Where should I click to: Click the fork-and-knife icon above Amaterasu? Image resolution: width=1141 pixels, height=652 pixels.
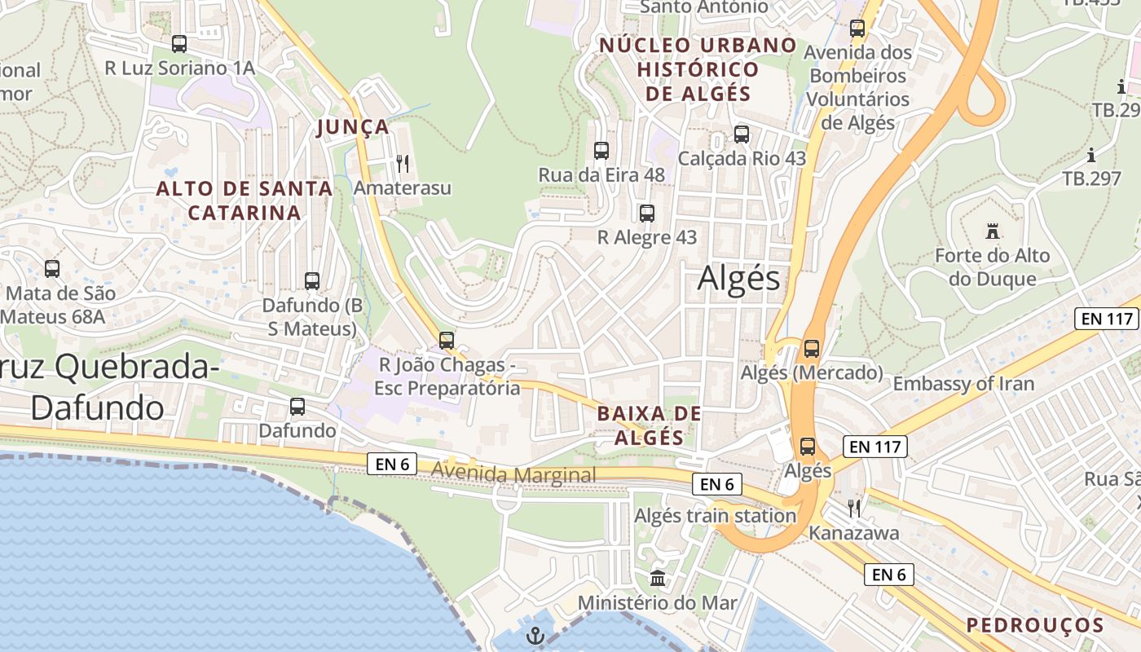point(403,164)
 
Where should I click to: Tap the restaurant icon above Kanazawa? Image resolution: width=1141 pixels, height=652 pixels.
point(854,509)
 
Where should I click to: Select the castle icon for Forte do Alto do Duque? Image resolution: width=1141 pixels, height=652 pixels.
point(992,231)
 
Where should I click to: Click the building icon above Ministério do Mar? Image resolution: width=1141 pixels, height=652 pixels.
point(658,579)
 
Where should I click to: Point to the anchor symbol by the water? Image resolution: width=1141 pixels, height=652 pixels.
point(535,636)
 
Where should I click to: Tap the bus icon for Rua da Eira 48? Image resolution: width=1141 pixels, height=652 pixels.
point(601,151)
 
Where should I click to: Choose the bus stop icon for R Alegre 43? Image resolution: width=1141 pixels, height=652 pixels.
point(647,214)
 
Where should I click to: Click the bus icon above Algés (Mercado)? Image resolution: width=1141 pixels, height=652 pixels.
point(812,349)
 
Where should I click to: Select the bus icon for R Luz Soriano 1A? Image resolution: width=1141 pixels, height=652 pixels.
point(179,44)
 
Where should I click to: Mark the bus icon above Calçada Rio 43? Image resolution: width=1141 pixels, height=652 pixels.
point(742,134)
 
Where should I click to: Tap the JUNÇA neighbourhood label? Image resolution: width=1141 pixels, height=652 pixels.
point(353,127)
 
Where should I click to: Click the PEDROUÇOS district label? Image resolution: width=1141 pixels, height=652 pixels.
point(1035,625)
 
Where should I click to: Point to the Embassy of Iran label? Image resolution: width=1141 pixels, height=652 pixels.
point(963,384)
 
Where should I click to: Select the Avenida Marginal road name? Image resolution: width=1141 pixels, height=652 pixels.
point(514,474)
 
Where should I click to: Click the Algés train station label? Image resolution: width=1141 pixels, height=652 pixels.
point(715,516)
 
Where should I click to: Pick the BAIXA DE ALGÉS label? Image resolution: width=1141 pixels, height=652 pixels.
point(649,425)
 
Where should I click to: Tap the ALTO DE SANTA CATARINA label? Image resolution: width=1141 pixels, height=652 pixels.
point(244,200)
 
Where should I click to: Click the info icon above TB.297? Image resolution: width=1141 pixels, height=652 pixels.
point(1091,155)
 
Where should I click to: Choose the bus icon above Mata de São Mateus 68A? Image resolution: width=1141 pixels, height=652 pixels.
point(52,269)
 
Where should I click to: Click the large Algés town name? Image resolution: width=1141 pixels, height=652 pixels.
point(739,280)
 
